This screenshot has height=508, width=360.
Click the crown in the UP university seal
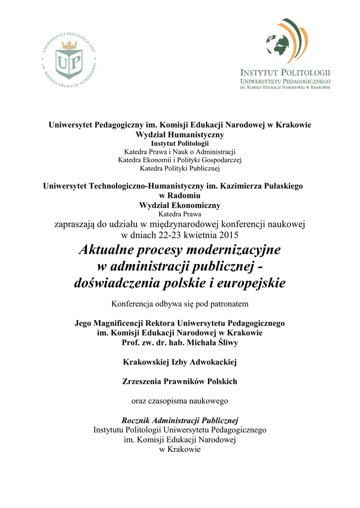click(x=69, y=45)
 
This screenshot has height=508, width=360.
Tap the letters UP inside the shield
click(x=69, y=63)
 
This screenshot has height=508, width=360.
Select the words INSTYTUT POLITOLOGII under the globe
click(x=286, y=72)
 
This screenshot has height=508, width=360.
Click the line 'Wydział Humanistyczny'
click(x=180, y=134)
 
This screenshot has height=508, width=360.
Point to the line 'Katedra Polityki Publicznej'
click(x=180, y=169)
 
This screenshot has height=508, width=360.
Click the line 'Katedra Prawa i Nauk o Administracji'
click(x=180, y=151)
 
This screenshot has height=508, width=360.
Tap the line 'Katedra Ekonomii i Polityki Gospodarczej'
click(x=180, y=160)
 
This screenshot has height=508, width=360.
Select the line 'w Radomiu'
click(x=180, y=195)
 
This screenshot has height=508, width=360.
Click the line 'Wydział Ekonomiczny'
click(x=180, y=205)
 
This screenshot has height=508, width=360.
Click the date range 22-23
click(x=169, y=234)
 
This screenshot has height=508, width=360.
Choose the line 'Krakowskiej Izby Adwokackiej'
click(x=180, y=362)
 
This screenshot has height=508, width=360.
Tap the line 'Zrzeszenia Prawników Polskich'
click(x=180, y=381)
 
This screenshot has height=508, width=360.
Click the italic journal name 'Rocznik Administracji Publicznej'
click(x=180, y=420)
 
